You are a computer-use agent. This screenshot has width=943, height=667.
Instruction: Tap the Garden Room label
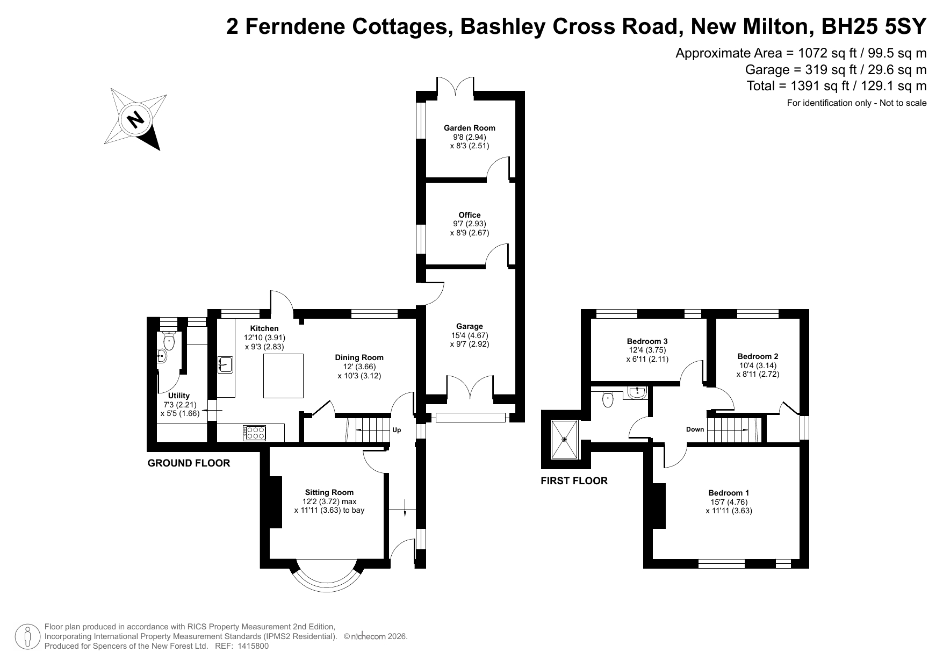470,128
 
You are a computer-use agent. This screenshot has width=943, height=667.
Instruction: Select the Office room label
470,215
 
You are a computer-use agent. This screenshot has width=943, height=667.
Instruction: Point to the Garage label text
470,326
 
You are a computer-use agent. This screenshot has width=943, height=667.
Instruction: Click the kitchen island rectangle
283,375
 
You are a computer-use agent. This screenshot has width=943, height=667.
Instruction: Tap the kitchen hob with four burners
255,433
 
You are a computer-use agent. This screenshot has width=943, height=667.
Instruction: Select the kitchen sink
225,364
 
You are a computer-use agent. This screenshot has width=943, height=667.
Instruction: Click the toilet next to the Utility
169,341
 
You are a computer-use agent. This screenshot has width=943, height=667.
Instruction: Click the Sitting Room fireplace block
275,502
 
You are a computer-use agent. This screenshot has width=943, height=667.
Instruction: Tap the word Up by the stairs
397,430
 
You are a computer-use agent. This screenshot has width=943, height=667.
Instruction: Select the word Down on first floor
695,429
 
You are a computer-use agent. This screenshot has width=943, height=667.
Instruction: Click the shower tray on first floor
565,439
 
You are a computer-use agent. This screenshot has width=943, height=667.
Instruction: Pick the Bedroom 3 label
647,341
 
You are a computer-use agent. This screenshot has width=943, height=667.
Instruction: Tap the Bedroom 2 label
758,356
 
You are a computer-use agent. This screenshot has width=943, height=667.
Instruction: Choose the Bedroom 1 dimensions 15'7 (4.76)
729,502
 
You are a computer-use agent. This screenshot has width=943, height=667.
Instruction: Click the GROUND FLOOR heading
189,463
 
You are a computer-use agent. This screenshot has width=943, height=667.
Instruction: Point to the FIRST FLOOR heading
574,481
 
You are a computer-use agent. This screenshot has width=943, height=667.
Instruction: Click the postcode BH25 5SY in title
875,26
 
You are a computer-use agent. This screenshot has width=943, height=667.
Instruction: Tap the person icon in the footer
28,636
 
